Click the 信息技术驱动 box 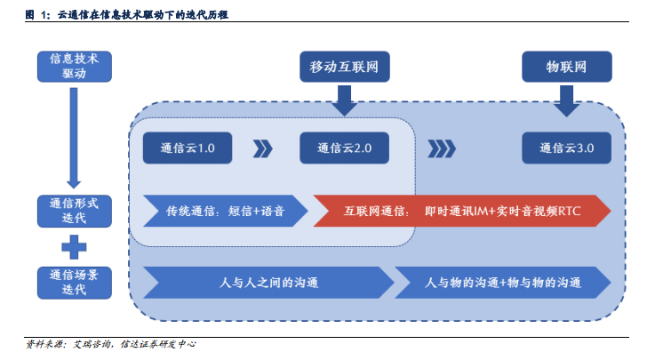tap(75, 67)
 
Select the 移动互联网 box tap(345, 67)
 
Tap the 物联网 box tap(567, 67)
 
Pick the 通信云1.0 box tap(188, 148)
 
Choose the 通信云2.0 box tap(344, 148)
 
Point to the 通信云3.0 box tap(567, 148)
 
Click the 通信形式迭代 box tap(75, 211)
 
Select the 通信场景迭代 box tap(75, 283)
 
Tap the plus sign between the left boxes tap(74, 247)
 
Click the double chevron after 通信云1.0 tap(263, 149)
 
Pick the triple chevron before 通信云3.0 tap(442, 149)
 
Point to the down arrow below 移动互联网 tap(345, 100)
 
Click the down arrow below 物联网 tap(567, 100)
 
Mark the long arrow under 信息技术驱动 tap(74, 138)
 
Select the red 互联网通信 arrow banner tap(462, 211)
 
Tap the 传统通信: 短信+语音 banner tap(226, 211)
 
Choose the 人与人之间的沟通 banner tap(268, 283)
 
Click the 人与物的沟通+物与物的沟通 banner tap(503, 283)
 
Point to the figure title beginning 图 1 tap(127, 15)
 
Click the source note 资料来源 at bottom tap(111, 344)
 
